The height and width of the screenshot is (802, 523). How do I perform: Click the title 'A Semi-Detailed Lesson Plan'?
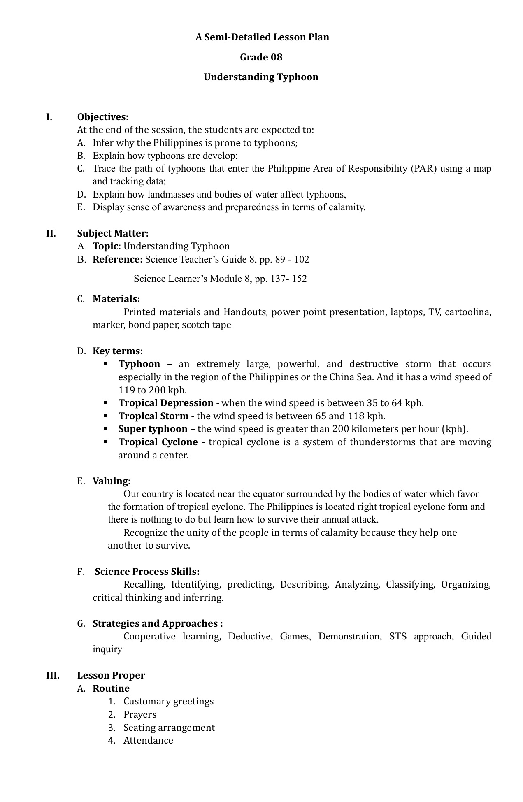[x=262, y=37]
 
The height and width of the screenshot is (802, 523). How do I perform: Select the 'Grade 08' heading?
[x=261, y=57]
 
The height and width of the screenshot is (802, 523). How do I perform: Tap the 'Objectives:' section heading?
[x=103, y=117]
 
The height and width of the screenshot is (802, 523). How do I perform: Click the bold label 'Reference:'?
[x=117, y=260]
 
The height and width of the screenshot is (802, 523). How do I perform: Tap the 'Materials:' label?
[x=116, y=299]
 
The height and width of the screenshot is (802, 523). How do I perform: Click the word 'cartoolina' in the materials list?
[x=468, y=312]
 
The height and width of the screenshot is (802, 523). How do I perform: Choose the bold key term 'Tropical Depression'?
[x=166, y=403]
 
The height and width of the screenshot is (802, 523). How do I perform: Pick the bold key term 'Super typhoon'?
[x=153, y=429]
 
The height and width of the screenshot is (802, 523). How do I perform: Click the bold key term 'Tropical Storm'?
[x=153, y=416]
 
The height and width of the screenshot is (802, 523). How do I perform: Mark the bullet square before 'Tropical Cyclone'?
[x=105, y=442]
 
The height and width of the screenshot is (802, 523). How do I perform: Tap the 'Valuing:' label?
[x=112, y=481]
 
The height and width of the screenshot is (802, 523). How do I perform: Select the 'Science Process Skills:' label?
[x=147, y=572]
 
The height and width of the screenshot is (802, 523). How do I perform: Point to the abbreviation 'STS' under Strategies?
[x=397, y=637]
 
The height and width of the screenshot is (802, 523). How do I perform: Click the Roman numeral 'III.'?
[x=53, y=675]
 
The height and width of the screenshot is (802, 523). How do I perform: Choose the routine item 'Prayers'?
[x=140, y=714]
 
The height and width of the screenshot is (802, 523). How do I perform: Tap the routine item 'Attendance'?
[x=148, y=740]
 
